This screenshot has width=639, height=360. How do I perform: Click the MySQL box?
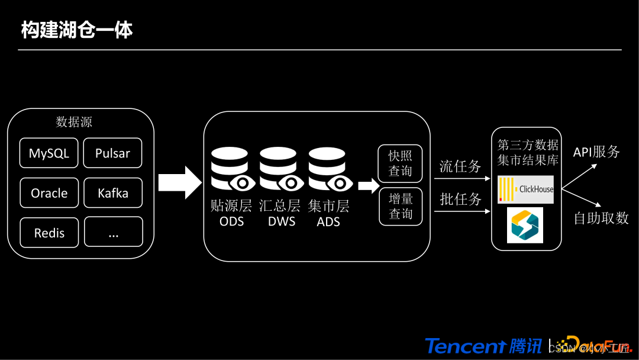click(49, 153)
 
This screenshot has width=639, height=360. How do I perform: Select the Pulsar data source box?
click(112, 153)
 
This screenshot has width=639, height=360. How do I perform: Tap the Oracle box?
click(49, 193)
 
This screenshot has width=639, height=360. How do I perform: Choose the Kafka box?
click(112, 193)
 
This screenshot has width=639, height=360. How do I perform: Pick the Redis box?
click(49, 232)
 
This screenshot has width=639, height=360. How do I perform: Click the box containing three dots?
click(113, 232)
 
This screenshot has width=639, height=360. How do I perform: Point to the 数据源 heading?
click(74, 123)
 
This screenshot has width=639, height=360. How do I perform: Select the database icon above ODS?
click(231, 169)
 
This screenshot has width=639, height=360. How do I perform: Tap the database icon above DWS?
click(279, 169)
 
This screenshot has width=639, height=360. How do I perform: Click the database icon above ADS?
click(328, 169)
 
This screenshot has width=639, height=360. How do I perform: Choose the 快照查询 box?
click(401, 163)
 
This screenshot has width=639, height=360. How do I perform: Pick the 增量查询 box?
click(401, 206)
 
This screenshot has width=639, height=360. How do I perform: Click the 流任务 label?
click(460, 166)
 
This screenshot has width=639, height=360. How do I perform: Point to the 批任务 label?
click(460, 200)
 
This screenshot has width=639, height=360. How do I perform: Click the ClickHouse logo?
click(526, 189)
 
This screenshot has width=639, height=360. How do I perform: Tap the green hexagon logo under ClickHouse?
click(525, 225)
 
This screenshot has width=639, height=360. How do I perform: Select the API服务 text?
click(596, 152)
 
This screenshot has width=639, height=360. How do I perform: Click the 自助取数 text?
click(601, 218)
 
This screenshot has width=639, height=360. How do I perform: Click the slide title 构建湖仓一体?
click(77, 30)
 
